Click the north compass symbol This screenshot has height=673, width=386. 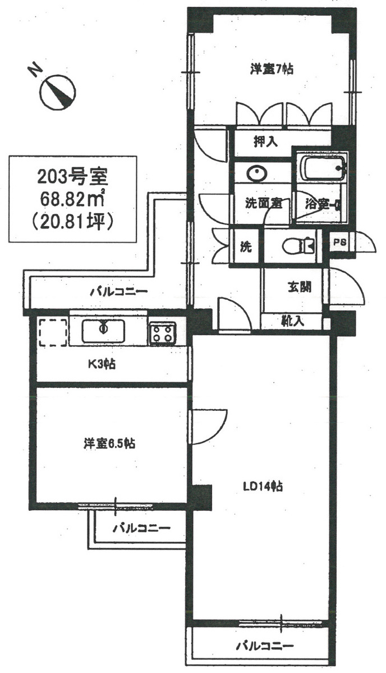(x=57, y=91)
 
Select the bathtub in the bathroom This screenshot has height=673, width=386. (x=323, y=168)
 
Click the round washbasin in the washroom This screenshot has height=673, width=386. (x=257, y=173)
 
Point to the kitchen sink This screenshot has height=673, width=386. (x=103, y=331)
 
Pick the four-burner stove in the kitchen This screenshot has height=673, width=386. (x=163, y=333)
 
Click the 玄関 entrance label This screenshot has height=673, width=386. (x=300, y=287)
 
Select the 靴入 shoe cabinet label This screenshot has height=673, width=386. (x=293, y=320)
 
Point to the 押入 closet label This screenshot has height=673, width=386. (x=265, y=141)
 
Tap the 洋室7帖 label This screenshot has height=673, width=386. (x=272, y=68)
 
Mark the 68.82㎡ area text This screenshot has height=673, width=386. (x=73, y=198)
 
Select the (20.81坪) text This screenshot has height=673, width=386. (x=73, y=221)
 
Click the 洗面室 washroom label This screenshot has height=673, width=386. (x=263, y=203)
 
